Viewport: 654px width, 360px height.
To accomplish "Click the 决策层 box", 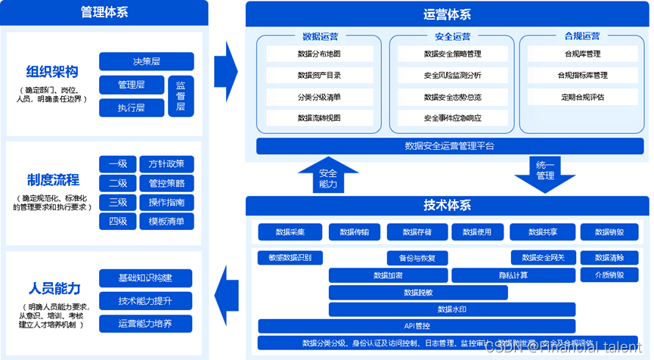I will pyautogui.click(x=146, y=61).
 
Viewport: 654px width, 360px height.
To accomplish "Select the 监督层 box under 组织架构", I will pyautogui.click(x=180, y=96).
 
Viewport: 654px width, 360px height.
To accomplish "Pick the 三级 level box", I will pyautogui.click(x=117, y=202).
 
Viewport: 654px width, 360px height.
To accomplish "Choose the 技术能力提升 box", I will pyautogui.click(x=145, y=301).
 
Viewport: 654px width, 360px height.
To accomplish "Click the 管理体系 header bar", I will pyautogui.click(x=104, y=11).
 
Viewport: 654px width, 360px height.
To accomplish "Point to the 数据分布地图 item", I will pyautogui.click(x=319, y=54).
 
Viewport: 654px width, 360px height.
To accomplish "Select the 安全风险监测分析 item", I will pyautogui.click(x=452, y=76).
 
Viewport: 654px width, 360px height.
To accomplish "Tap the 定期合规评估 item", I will pyautogui.click(x=582, y=97).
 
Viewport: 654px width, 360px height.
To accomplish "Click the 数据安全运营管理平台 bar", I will pyautogui.click(x=449, y=146).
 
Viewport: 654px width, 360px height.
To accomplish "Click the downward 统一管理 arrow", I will pyautogui.click(x=544, y=175).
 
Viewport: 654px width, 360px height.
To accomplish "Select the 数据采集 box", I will pyautogui.click(x=290, y=232).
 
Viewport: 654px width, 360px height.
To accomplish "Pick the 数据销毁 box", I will pyautogui.click(x=610, y=232).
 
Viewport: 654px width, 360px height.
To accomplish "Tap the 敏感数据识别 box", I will pyautogui.click(x=290, y=257).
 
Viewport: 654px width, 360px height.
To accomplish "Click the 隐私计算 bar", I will pyautogui.click(x=513, y=275).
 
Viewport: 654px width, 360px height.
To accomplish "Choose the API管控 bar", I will pyautogui.click(x=417, y=326).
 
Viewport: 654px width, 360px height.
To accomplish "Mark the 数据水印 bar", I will pyautogui.click(x=452, y=309).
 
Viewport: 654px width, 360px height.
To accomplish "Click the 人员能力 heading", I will pyautogui.click(x=54, y=288).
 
